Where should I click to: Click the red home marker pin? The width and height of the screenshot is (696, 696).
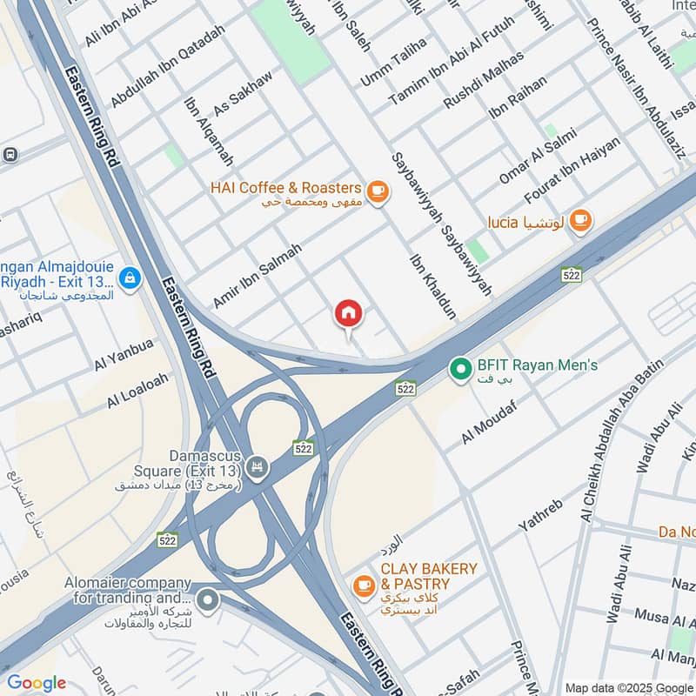pyautogui.click(x=349, y=313)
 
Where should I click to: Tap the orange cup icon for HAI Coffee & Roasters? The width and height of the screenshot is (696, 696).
pyautogui.click(x=377, y=191)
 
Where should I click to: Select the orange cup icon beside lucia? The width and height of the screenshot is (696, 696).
pyautogui.click(x=581, y=222)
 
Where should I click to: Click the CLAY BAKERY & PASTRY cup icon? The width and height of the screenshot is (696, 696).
pyautogui.click(x=364, y=585)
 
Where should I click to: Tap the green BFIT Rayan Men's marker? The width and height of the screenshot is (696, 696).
pyautogui.click(x=459, y=369)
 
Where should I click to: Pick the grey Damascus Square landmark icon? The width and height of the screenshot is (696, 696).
pyautogui.click(x=257, y=468)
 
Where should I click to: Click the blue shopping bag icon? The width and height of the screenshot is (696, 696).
pyautogui.click(x=130, y=278)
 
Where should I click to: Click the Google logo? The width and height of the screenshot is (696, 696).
pyautogui.click(x=37, y=683)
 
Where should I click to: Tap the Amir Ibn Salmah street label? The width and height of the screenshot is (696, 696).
pyautogui.click(x=258, y=275)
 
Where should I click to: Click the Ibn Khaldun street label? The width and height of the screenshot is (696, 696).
pyautogui.click(x=432, y=287)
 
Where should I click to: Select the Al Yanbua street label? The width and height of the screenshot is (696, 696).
pyautogui.click(x=124, y=355)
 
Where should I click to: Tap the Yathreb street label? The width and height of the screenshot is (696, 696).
pyautogui.click(x=541, y=515)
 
